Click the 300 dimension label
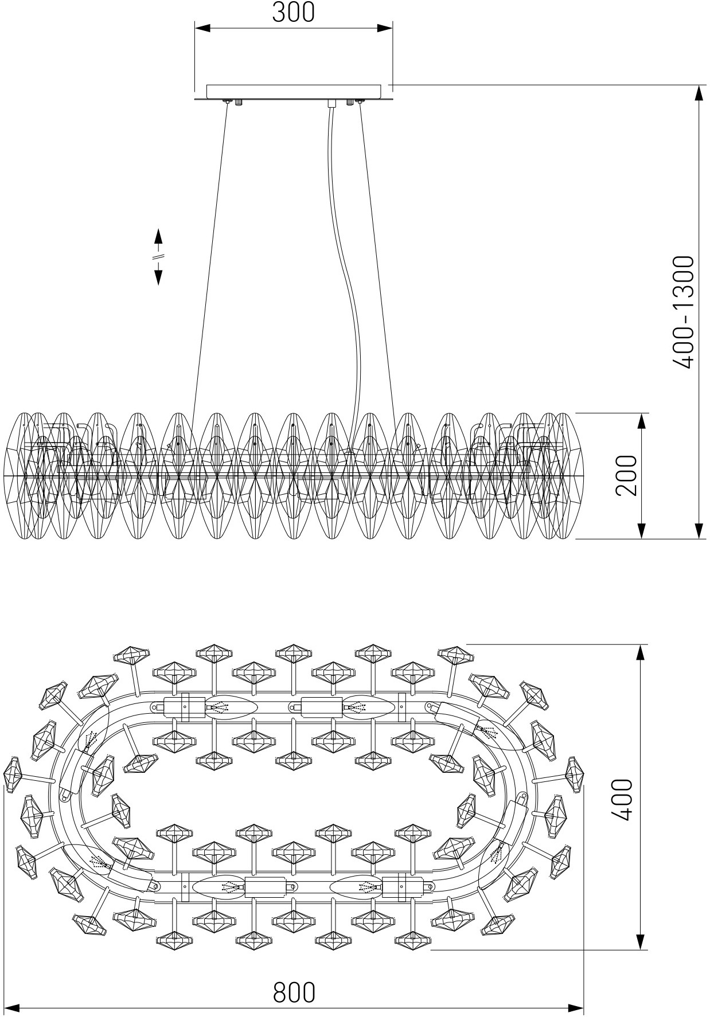[x=293, y=12]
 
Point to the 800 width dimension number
[x=294, y=992]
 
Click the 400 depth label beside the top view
[x=621, y=799]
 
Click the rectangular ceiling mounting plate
[x=293, y=91]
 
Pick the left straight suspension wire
[x=210, y=258]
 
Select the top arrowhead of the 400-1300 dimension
[x=699, y=92]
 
